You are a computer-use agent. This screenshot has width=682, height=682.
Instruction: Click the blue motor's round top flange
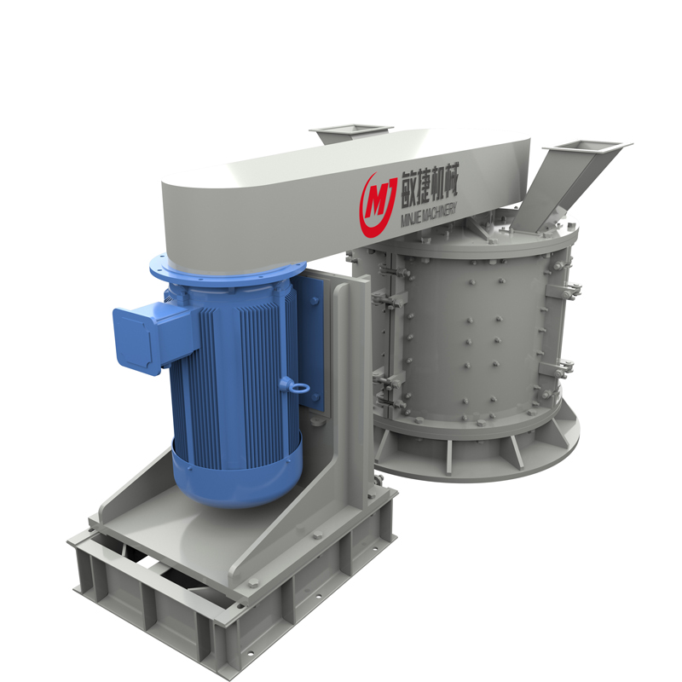coord(227,269)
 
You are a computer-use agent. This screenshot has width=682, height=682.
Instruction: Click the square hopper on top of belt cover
coord(350,133)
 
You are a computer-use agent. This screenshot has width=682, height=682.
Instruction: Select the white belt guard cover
coord(344,196)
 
